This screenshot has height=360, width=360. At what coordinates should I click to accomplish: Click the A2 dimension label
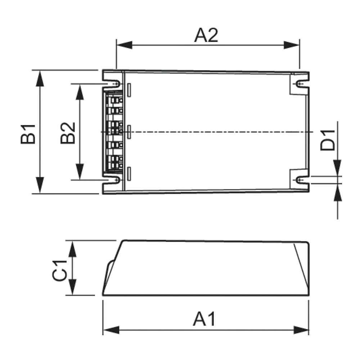(206, 36)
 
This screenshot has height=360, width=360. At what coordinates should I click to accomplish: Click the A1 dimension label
(204, 319)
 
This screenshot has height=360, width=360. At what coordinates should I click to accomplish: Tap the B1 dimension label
(28, 134)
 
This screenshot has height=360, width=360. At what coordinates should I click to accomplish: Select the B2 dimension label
(68, 133)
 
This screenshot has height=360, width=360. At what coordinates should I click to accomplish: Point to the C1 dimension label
(59, 271)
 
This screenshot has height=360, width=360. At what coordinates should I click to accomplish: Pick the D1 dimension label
(328, 140)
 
